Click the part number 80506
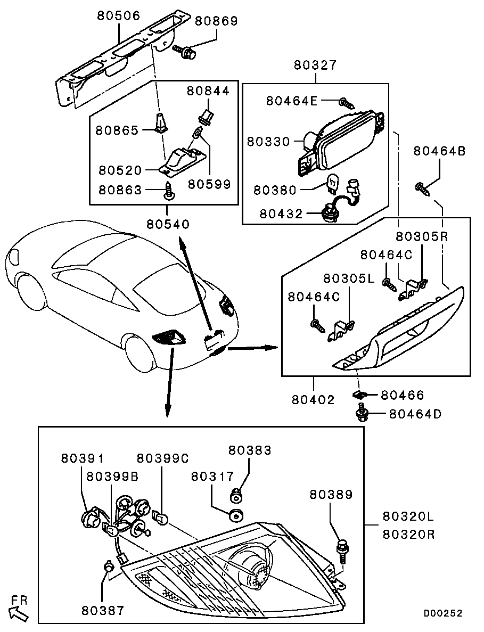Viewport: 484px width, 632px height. pos(118,15)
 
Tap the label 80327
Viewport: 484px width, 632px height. pos(315,65)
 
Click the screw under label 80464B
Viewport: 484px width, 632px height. pos(422,187)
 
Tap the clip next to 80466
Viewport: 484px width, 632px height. pos(360,395)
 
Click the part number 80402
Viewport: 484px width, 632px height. pos(313,399)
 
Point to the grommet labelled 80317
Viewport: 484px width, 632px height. pos(235,515)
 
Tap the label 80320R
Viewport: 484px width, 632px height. pos(408,534)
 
